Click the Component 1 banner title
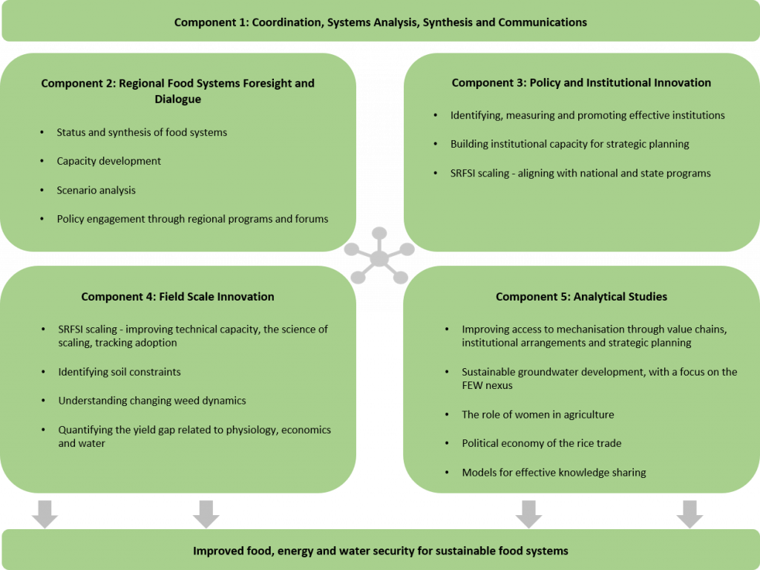pos(380,22)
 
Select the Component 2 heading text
pos(177,91)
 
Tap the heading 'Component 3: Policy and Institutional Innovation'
pos(581,83)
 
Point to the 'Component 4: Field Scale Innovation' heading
pos(177,297)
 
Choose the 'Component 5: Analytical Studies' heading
pos(581,297)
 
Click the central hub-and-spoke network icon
pos(379,258)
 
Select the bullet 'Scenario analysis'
pos(96,190)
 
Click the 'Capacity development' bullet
pos(108,161)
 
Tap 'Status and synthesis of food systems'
pos(142,132)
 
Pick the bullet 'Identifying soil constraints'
pos(119,371)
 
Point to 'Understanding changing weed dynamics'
pos(152,400)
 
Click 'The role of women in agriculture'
pos(537,414)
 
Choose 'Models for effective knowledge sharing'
pos(554,472)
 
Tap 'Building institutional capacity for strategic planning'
pos(569,144)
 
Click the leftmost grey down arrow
pos(45,514)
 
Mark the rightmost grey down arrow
pos(689,514)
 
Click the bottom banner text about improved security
pos(380,551)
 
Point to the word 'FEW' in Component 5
pos(473,385)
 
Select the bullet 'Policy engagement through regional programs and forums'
pos(192,219)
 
